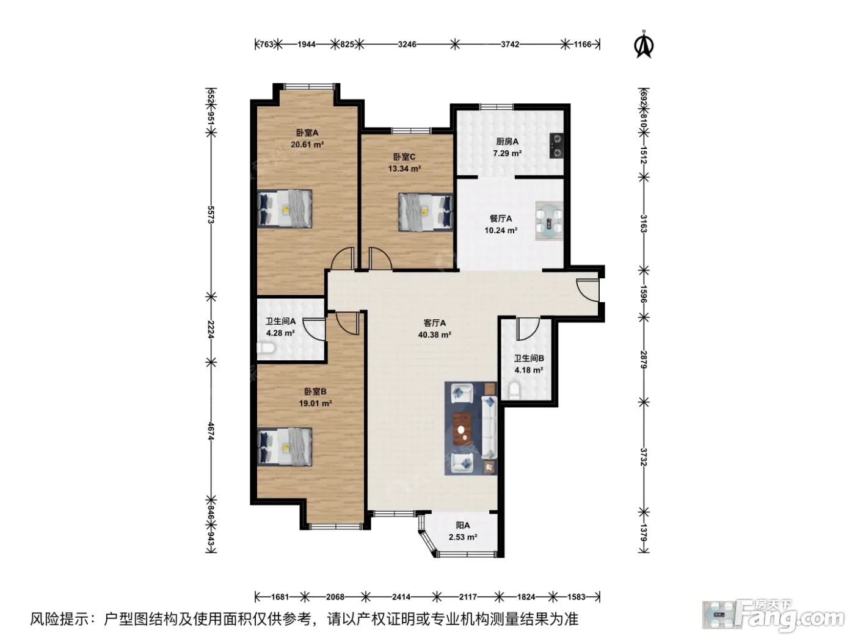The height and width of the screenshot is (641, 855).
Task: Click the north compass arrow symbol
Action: point(644,44)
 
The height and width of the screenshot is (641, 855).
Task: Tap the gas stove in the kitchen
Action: point(556,145)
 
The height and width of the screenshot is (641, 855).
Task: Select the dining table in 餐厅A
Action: point(549,220)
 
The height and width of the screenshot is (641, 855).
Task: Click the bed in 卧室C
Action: point(426,212)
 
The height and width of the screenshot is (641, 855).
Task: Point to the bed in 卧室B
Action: point(285,447)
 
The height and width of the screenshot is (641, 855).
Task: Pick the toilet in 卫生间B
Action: point(515,390)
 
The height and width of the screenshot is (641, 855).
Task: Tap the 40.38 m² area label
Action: point(434,335)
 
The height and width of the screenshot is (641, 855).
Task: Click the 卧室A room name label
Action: point(307,132)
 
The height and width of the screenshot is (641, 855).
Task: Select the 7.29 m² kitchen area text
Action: point(507,153)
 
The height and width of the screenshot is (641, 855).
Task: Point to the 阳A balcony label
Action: point(463,526)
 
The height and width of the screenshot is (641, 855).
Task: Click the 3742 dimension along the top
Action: point(510,45)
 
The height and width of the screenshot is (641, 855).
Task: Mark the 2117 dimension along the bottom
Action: point(468,596)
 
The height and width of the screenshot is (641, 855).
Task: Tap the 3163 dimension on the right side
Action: point(644,223)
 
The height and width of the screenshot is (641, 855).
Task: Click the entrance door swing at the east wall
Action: point(588,290)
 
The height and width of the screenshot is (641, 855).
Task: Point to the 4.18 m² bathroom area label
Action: point(529,370)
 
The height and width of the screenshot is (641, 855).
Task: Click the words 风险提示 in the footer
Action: point(60,619)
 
